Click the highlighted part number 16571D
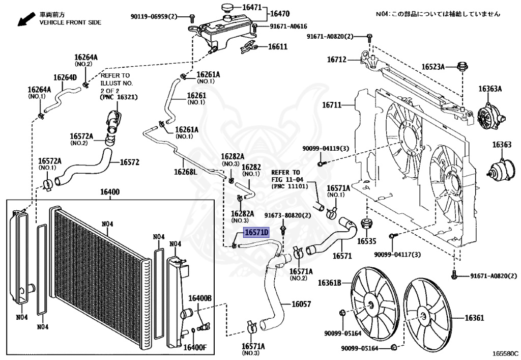click(256, 232)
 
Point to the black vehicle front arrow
click(26, 19)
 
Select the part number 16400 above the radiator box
click(110, 192)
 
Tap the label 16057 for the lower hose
click(301, 304)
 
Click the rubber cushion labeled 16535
click(366, 224)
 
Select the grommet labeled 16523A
click(462, 66)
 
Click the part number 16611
click(278, 46)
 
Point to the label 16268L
click(185, 172)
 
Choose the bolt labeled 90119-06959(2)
click(192, 17)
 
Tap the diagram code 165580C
click(505, 354)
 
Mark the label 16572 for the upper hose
click(130, 162)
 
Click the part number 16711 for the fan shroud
click(332, 105)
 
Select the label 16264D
click(65, 77)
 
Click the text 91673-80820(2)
click(288, 215)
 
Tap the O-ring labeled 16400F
click(193, 331)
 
